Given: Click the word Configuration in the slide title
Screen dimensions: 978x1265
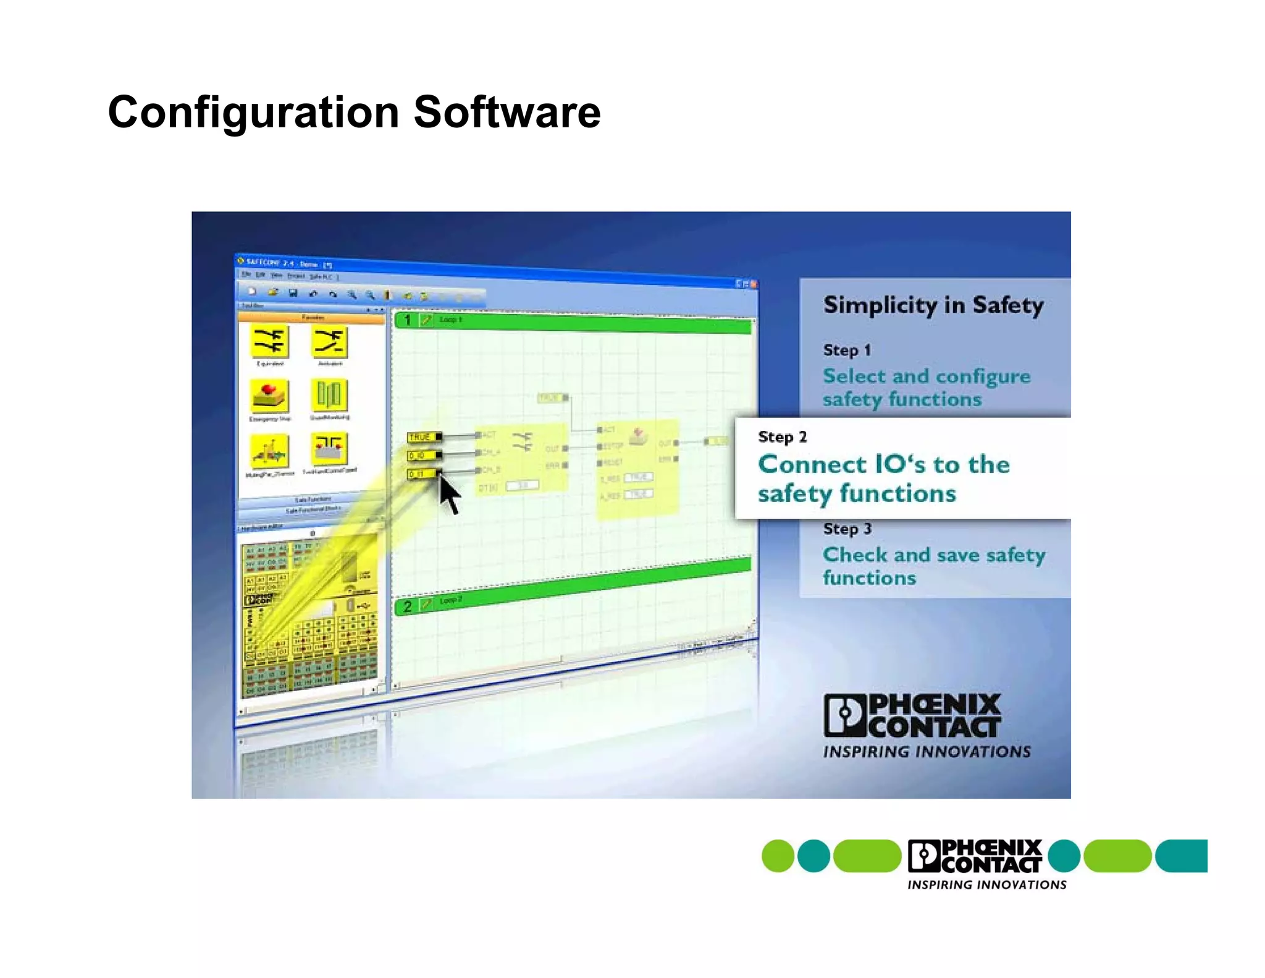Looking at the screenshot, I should click(253, 113).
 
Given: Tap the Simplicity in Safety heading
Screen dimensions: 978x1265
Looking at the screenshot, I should click(933, 305).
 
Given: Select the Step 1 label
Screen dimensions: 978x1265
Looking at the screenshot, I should click(847, 350).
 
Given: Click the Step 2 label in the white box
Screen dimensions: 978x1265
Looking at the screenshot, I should click(782, 436).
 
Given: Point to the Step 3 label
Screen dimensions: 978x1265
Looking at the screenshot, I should click(847, 529).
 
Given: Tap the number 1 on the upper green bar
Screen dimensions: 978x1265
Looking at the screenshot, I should click(407, 320).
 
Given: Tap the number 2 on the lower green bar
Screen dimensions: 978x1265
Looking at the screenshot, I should click(407, 606).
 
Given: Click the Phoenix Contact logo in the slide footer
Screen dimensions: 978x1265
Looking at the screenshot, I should click(975, 856).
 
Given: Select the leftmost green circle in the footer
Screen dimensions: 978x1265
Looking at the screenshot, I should click(778, 856).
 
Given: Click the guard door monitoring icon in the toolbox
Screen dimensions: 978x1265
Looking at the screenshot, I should click(329, 395).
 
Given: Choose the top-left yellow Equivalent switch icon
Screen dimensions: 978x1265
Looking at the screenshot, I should click(269, 341).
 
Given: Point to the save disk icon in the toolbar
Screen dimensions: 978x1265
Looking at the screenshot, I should click(293, 293).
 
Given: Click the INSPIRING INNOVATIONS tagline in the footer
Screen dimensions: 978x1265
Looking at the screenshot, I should click(986, 885).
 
